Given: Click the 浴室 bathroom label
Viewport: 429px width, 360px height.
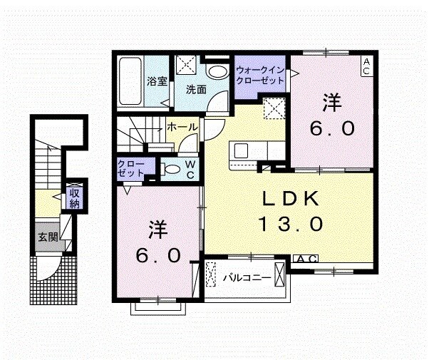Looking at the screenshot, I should pos(157,81).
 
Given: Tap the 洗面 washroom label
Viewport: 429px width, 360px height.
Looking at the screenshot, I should pos(197,90).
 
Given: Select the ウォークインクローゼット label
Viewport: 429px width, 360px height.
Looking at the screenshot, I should pos(262,76).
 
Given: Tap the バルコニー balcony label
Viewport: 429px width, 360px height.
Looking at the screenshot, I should pos(247,277).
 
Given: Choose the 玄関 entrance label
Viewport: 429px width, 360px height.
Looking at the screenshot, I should pos(48,237).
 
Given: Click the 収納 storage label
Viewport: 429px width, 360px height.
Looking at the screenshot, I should pos(74,197).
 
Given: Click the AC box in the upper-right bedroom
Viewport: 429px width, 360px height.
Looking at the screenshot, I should pos(366,66).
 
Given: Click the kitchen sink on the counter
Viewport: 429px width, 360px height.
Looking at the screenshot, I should pos(240,151).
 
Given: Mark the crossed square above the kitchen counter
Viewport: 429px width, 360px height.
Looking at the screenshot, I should pos(274,110).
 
